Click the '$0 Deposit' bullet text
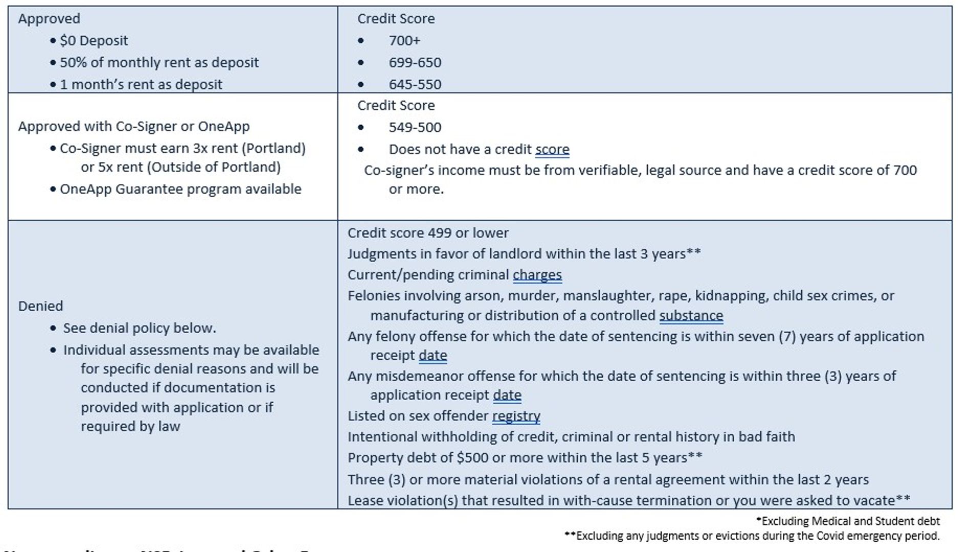[x=94, y=40]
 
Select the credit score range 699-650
[x=414, y=62]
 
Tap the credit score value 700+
[x=404, y=40]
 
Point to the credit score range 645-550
[x=414, y=84]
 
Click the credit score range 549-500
[x=414, y=127]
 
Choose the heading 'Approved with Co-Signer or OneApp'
[x=134, y=126]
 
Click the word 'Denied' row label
[x=40, y=306]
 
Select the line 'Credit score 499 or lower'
[x=428, y=233]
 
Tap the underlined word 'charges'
[x=537, y=275]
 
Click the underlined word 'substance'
[x=691, y=315]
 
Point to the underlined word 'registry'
[x=516, y=416]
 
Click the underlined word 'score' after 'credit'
[x=552, y=149]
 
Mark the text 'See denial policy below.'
[x=140, y=328]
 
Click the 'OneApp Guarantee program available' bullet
[x=180, y=189]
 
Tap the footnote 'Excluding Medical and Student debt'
[x=850, y=521]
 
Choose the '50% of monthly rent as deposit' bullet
[x=159, y=62]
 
